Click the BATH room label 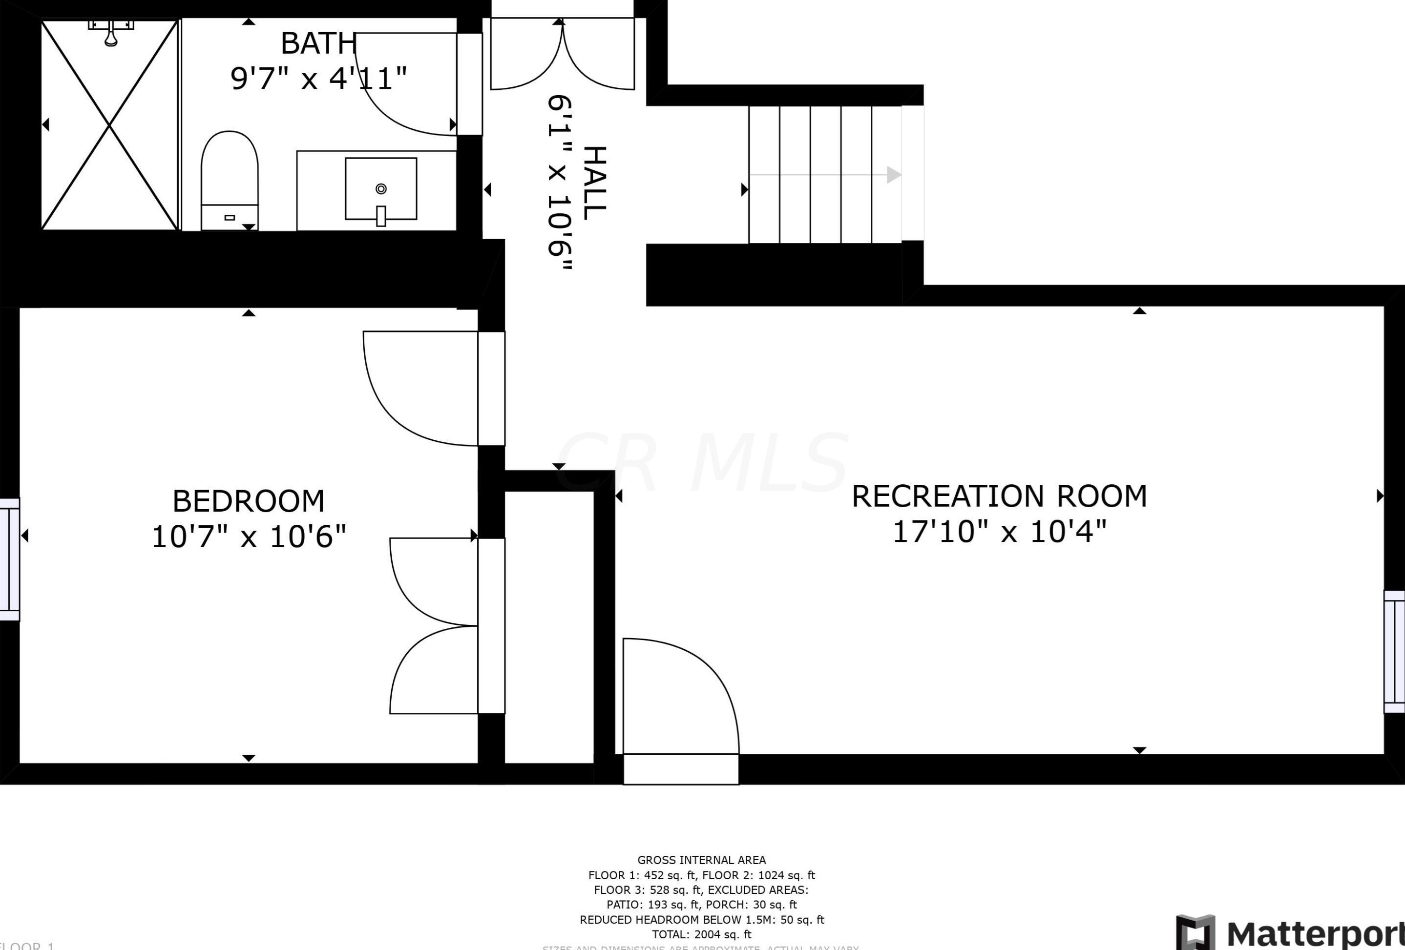click(x=318, y=43)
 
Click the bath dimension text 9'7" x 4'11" click(x=318, y=79)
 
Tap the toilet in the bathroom click(x=229, y=180)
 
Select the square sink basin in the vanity click(x=381, y=188)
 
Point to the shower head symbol click(x=111, y=33)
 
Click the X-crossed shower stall click(x=109, y=125)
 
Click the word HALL click(x=594, y=183)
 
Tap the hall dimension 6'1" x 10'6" click(x=559, y=183)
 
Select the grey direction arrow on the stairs click(x=826, y=175)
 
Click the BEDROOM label click(x=249, y=501)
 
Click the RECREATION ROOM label click(x=999, y=496)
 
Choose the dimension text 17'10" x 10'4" click(x=999, y=532)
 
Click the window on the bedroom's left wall click(x=9, y=559)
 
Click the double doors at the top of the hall click(x=562, y=54)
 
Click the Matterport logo click(x=1291, y=932)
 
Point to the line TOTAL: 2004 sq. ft click(x=701, y=934)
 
